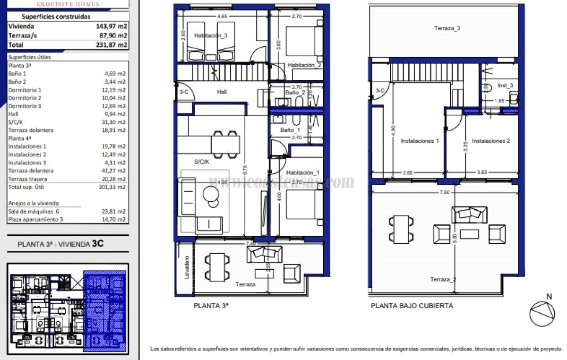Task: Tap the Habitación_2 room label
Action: click(x=304, y=65)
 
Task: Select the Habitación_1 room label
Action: click(x=302, y=173)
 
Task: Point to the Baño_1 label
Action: click(x=290, y=130)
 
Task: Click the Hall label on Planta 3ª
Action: click(x=222, y=92)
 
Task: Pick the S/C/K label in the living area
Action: click(x=202, y=162)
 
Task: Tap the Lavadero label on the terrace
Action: click(x=187, y=267)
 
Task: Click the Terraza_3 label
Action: click(x=447, y=28)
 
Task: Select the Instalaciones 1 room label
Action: click(x=420, y=141)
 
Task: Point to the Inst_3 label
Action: click(x=505, y=86)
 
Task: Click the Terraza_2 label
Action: click(x=443, y=280)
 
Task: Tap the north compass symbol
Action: click(x=542, y=312)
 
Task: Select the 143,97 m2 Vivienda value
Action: click(x=112, y=26)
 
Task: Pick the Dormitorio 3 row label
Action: click(x=25, y=106)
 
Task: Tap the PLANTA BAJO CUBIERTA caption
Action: click(x=412, y=306)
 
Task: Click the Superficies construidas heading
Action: click(x=56, y=17)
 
